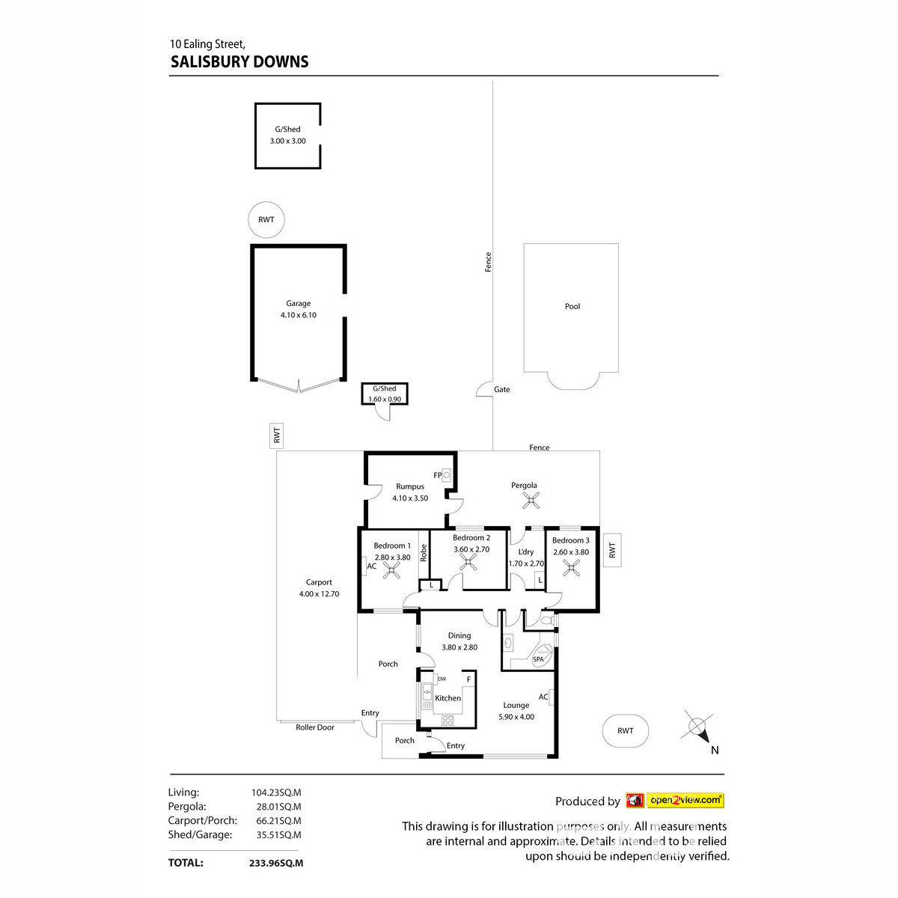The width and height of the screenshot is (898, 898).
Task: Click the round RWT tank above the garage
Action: click(x=266, y=220)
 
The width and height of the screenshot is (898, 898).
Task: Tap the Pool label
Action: click(x=572, y=306)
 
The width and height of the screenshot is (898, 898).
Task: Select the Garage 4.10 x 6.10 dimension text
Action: click(x=299, y=315)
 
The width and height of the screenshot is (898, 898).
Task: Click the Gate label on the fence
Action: click(x=501, y=389)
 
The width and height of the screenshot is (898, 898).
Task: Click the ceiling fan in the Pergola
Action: click(x=531, y=500)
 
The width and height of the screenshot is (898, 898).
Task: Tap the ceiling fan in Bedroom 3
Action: click(x=572, y=568)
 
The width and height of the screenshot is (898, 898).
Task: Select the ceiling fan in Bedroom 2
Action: click(x=469, y=563)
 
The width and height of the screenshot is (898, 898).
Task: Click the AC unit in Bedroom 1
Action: click(x=371, y=566)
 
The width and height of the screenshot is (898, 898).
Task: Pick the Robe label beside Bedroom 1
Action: click(x=424, y=553)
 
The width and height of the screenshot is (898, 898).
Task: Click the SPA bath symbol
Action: click(x=542, y=657)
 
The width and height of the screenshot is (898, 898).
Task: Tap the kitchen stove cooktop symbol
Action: click(x=448, y=720)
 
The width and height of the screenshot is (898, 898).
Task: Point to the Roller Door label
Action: click(x=315, y=727)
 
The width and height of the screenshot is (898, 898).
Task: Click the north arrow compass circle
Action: click(x=697, y=726)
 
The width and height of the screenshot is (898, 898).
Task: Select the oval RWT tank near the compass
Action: click(x=626, y=731)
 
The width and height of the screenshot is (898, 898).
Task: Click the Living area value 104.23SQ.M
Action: click(x=276, y=792)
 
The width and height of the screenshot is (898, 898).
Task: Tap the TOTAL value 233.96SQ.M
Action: click(x=276, y=863)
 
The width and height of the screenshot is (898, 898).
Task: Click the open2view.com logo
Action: click(x=685, y=801)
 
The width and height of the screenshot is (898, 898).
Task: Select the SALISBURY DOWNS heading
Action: click(x=239, y=62)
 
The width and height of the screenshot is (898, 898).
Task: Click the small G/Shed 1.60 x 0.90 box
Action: click(x=385, y=394)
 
